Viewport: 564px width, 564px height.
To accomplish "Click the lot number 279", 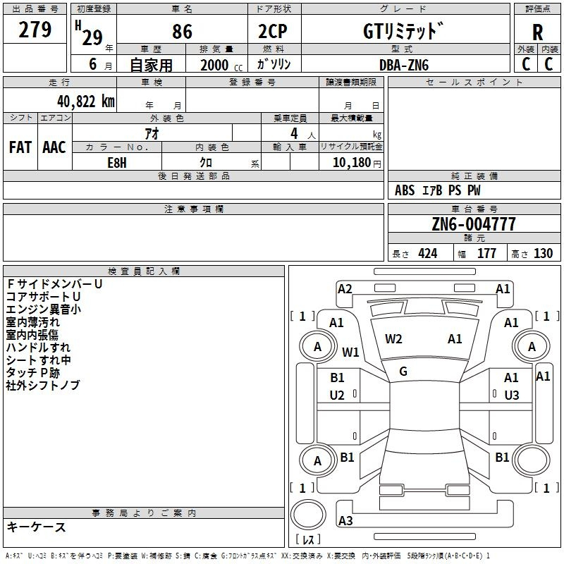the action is point(35,30).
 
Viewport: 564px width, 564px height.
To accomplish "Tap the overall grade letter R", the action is point(537,32).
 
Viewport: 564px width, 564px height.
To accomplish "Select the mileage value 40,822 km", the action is point(85,102).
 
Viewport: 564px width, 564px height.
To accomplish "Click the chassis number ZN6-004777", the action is point(474,224).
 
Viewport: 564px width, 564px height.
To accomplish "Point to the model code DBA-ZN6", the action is point(404,65).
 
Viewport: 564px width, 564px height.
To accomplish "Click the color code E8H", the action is point(117,163).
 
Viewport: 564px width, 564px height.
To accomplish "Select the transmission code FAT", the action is point(20,147).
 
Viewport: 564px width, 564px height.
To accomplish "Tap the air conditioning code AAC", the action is point(54,147).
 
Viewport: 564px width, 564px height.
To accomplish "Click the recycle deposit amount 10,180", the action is point(351,163).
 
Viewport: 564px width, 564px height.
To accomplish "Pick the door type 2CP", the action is point(273,32).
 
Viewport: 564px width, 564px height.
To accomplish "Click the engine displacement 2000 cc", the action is point(221,65).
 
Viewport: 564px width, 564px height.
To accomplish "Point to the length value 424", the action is point(428,254).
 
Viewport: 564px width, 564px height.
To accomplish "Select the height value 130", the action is point(543,254).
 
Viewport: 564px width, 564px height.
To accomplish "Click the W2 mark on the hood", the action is point(393,339).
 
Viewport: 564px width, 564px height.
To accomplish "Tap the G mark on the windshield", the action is point(403,372).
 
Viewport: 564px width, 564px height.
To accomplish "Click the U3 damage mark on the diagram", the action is point(512,396).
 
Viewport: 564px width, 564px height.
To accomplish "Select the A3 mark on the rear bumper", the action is point(345,520).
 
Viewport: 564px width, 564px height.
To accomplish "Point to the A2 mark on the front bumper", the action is point(345,289).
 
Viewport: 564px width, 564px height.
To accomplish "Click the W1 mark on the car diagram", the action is point(350,352).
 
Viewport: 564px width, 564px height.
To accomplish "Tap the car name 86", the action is point(182,32).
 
